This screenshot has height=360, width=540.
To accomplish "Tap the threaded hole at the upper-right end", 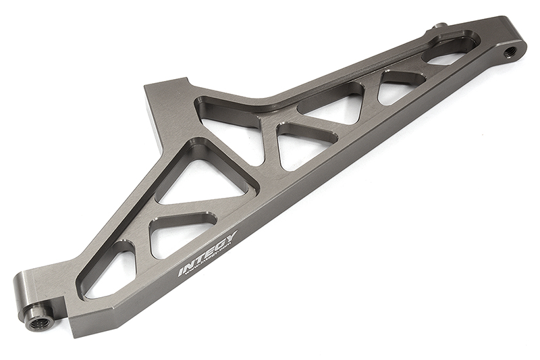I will [x=511, y=50].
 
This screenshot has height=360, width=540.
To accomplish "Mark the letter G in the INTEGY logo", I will [x=219, y=245].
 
